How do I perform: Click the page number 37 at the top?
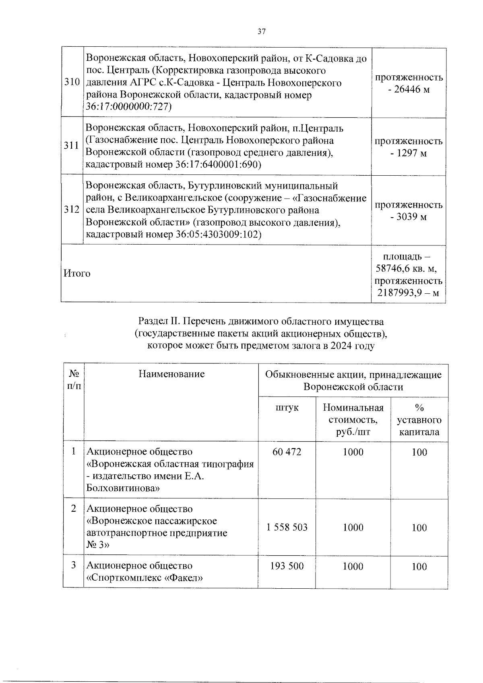click(262, 31)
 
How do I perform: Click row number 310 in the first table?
click(72, 83)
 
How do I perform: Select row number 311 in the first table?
click(72, 146)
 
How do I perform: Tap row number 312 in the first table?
click(72, 210)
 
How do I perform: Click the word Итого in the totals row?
click(77, 274)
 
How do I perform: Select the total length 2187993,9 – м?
click(408, 293)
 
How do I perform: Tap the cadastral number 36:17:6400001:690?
click(218, 165)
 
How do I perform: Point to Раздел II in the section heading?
click(159, 322)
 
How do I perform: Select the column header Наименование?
click(171, 374)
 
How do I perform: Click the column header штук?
click(287, 407)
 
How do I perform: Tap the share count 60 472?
click(287, 452)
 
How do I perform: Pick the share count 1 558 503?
click(287, 527)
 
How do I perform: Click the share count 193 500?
click(287, 567)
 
